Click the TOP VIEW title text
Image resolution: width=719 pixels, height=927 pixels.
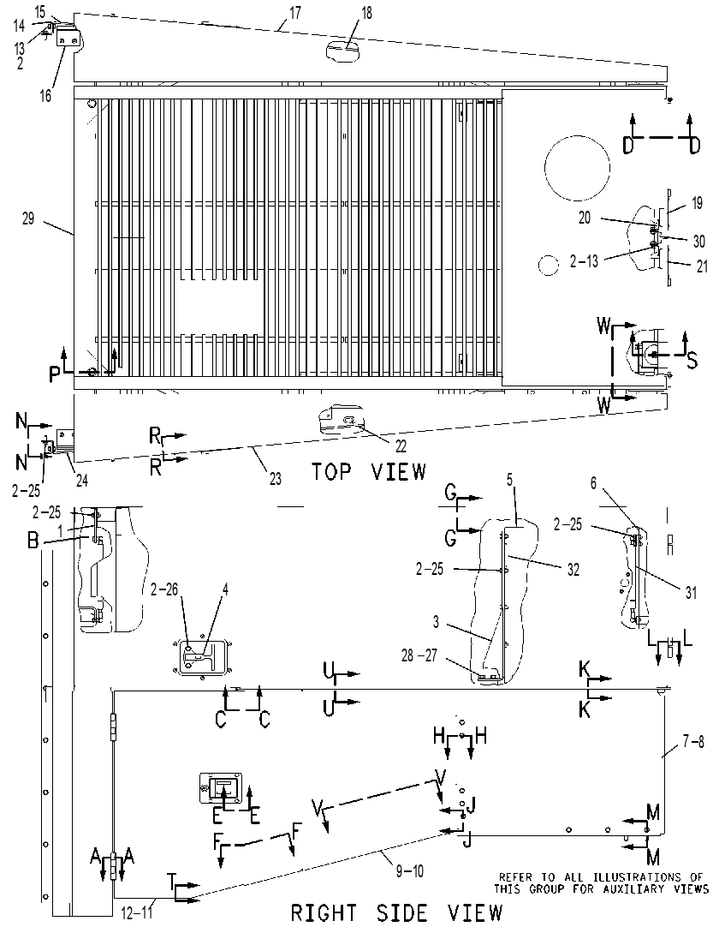(x=369, y=472)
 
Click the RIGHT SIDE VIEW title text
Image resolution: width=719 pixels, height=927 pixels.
(x=396, y=912)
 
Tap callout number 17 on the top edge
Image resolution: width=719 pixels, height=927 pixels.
(x=295, y=12)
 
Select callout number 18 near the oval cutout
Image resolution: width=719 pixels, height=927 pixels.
(x=367, y=12)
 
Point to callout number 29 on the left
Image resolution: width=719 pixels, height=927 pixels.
(x=27, y=218)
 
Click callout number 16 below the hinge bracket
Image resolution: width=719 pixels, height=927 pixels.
(x=45, y=95)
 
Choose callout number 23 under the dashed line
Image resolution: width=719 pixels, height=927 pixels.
(x=276, y=478)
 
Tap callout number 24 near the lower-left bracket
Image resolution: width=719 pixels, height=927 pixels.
(x=81, y=481)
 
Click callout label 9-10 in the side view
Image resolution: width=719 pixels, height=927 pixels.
(x=409, y=870)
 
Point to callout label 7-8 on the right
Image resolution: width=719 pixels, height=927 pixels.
(x=693, y=741)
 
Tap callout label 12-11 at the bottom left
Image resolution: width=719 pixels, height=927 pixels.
(x=136, y=912)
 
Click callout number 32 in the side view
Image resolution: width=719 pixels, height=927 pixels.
(x=573, y=570)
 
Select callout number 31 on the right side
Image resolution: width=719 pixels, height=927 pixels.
(x=691, y=592)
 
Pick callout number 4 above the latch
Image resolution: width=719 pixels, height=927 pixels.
(x=225, y=589)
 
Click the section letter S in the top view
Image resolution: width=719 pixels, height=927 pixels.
(x=692, y=360)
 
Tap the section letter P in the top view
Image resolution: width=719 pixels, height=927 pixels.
(x=55, y=374)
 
